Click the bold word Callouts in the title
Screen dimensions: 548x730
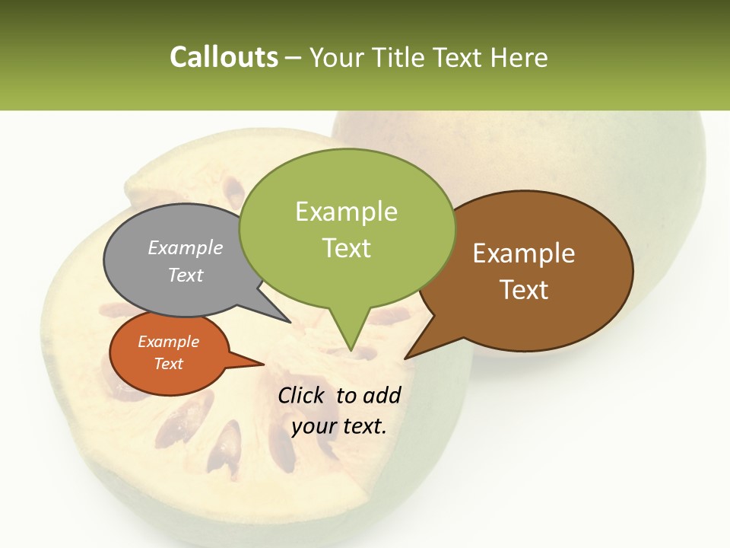(x=224, y=57)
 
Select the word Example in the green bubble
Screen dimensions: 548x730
(x=346, y=212)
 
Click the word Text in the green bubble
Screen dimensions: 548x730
(x=346, y=248)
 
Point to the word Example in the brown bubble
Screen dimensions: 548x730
(x=524, y=253)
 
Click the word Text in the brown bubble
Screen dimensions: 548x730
(x=524, y=290)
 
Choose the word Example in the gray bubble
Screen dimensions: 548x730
(x=186, y=248)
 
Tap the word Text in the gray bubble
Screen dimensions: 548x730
(x=186, y=276)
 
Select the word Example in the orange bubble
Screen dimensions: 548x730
(x=169, y=342)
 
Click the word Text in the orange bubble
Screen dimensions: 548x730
(x=169, y=364)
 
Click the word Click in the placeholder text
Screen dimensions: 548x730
(x=303, y=395)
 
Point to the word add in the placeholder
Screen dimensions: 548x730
(x=382, y=395)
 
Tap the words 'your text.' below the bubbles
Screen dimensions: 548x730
(x=339, y=426)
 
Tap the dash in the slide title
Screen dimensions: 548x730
(x=294, y=58)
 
